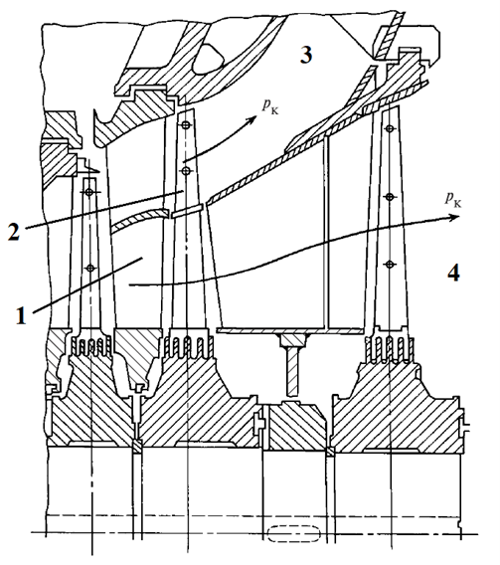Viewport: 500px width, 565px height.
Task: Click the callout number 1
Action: coord(21,315)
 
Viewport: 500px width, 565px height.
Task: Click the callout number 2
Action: coord(14,233)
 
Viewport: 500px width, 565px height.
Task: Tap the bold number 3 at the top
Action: coord(306,55)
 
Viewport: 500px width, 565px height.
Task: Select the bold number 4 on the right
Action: coord(453,273)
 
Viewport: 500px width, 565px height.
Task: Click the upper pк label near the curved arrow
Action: coord(270,105)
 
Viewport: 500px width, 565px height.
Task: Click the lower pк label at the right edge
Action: coord(453,199)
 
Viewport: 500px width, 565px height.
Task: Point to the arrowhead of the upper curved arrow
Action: coord(252,119)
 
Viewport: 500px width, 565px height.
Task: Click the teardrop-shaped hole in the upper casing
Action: coord(208,59)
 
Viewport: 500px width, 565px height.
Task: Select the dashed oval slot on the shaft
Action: coord(294,533)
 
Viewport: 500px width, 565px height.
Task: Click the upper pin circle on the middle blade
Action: coord(185,125)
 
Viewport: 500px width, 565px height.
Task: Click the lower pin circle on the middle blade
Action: coord(185,171)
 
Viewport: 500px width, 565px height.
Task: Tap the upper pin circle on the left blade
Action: coord(89,192)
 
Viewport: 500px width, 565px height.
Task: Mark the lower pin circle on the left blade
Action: coord(90,269)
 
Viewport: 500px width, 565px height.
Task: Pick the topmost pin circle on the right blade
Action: coord(389,128)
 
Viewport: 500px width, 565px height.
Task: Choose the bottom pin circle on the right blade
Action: coord(389,265)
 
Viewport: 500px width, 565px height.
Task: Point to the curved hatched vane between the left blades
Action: coord(140,220)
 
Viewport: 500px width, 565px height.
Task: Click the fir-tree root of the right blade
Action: coord(389,348)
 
